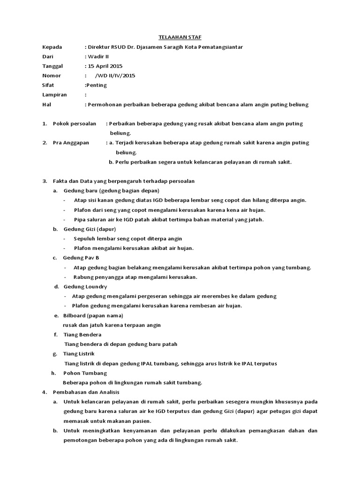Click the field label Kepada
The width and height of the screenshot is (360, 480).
tap(52, 47)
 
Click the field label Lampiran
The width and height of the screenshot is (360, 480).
tap(54, 95)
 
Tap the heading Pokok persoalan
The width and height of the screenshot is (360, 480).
tap(74, 124)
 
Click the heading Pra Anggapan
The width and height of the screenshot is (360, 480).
tap(71, 142)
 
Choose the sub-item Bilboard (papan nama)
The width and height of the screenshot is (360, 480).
tap(93, 315)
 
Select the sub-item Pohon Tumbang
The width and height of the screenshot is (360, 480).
tap(85, 373)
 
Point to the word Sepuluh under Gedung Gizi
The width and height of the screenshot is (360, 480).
tap(85, 239)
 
